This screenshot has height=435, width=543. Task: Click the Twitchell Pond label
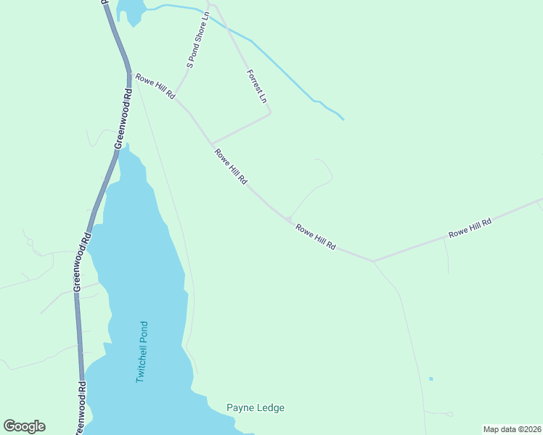click(x=142, y=352)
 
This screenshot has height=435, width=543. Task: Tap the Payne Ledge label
click(x=256, y=407)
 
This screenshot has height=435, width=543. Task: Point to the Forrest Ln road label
click(x=257, y=86)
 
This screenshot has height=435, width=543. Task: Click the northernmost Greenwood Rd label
click(x=121, y=119)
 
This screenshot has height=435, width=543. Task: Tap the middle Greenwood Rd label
click(x=81, y=261)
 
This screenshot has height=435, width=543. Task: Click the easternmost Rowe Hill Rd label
click(x=470, y=228)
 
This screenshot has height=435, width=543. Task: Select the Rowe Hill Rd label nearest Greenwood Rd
click(x=155, y=86)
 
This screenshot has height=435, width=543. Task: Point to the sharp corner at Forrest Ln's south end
click(x=270, y=113)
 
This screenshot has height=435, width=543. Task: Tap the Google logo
click(x=24, y=426)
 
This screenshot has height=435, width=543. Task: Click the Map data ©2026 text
click(x=512, y=429)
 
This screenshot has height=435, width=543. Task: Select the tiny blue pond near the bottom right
click(x=431, y=378)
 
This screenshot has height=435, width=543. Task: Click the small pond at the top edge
click(x=128, y=10)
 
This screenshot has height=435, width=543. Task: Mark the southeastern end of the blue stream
click(x=343, y=119)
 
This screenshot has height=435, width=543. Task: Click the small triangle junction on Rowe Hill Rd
click(x=288, y=219)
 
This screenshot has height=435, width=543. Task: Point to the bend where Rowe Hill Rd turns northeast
click(x=373, y=260)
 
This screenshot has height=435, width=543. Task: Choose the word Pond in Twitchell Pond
click(x=143, y=333)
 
